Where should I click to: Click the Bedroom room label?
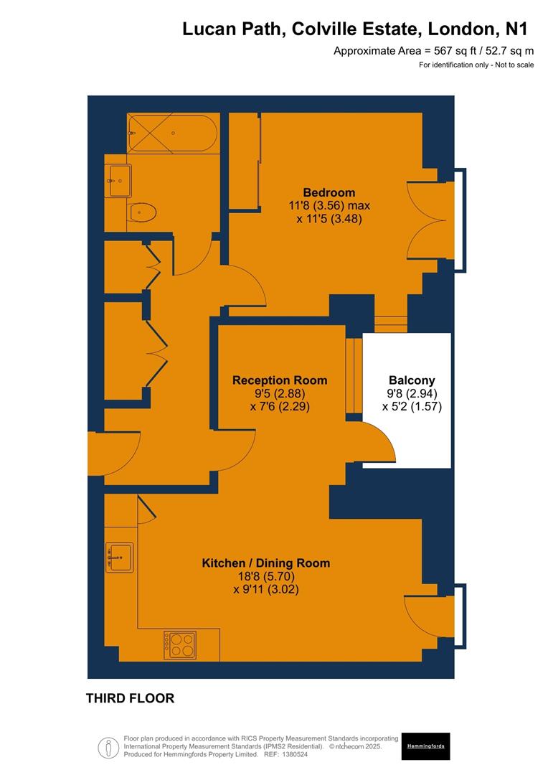[329, 192]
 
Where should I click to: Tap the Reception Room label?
[280, 380]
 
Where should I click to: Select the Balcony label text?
[412, 380]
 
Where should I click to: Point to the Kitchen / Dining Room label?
[265, 563]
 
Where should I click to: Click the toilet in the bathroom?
[143, 212]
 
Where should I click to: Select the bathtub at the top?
[172, 133]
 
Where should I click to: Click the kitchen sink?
[119, 558]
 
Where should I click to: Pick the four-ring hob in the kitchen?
[179, 644]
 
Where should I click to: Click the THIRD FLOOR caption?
[130, 698]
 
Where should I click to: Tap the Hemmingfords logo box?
[425, 746]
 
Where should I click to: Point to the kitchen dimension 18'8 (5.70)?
[265, 576]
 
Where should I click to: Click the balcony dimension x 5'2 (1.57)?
[412, 406]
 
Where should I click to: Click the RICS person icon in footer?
[108, 747]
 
